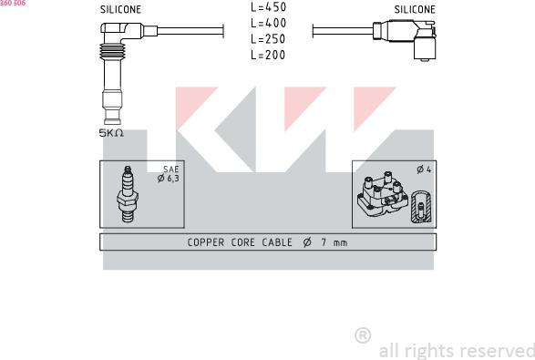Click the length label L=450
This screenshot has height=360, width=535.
click(269, 6)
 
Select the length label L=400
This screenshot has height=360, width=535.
click(269, 23)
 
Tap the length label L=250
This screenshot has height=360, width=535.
click(268, 39)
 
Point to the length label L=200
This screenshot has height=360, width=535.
click(268, 55)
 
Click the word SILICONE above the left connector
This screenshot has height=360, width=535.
click(121, 9)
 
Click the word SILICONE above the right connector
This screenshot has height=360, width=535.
click(415, 9)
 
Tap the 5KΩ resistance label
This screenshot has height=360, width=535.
click(111, 133)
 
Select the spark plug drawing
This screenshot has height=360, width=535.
click(128, 194)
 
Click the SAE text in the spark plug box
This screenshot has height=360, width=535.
click(171, 170)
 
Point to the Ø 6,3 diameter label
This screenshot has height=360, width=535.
click(169, 178)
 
